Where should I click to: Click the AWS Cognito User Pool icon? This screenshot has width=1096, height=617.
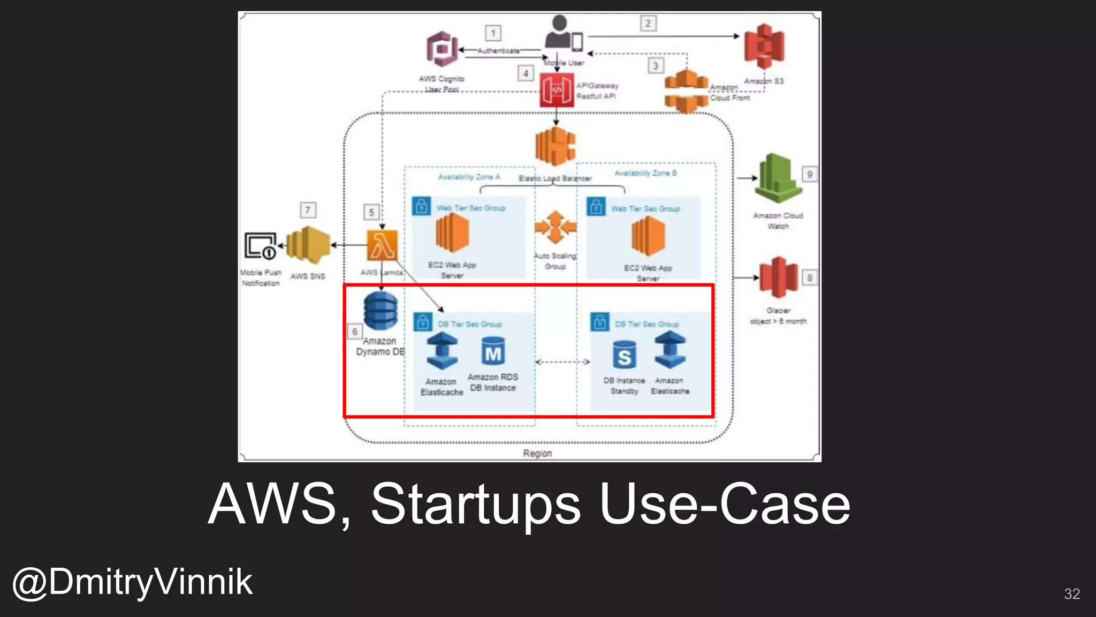click(x=442, y=49)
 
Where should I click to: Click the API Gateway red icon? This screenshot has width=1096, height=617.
click(x=557, y=90)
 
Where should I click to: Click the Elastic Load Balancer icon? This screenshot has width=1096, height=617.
click(x=556, y=146)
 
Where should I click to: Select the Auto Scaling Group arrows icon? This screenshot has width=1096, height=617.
click(x=555, y=227)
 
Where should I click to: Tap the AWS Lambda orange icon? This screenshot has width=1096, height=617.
click(x=382, y=245)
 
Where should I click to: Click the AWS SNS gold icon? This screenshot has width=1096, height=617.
click(x=308, y=245)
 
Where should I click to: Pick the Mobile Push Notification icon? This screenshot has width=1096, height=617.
click(x=261, y=246)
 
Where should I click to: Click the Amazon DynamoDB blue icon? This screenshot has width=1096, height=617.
click(x=380, y=311)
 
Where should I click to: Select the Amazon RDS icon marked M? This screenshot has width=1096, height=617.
click(x=493, y=352)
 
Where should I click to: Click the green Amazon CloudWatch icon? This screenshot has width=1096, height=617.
click(x=778, y=178)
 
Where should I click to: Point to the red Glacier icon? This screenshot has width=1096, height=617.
click(x=778, y=277)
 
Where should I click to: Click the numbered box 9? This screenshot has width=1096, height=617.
click(x=809, y=175)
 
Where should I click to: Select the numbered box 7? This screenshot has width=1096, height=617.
click(x=308, y=210)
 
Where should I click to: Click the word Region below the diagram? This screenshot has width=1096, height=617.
click(x=537, y=453)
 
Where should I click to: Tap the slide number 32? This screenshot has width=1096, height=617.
click(x=1071, y=593)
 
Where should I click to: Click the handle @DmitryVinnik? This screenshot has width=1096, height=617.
click(x=132, y=582)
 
